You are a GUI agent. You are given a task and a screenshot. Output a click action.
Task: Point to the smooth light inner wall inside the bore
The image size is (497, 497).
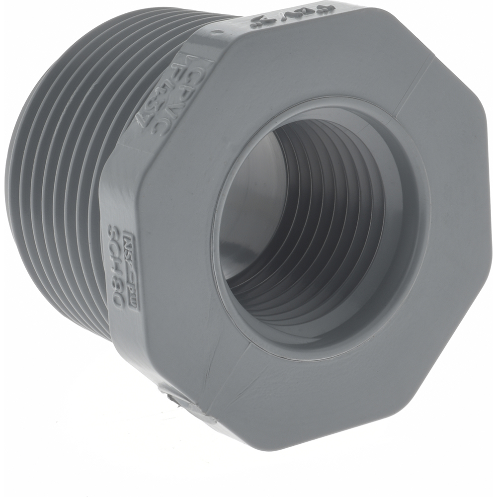pyautogui.click(x=248, y=209)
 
